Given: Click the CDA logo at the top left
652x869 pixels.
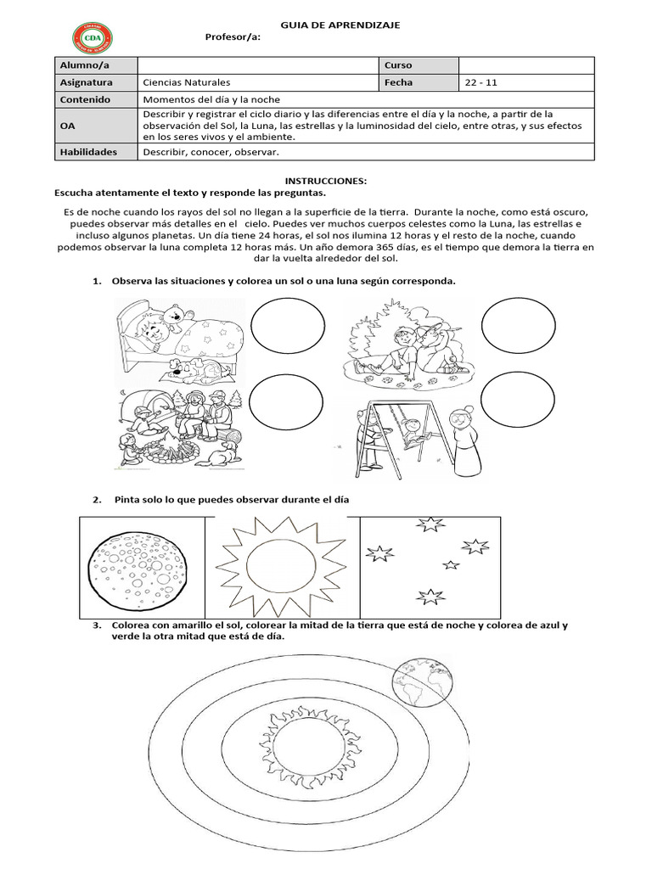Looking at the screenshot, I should [92, 36].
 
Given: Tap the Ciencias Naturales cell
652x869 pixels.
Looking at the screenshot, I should [187, 83].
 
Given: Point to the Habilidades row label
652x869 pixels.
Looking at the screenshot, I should [88, 152].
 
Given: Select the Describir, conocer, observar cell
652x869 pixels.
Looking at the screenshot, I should [211, 152].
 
